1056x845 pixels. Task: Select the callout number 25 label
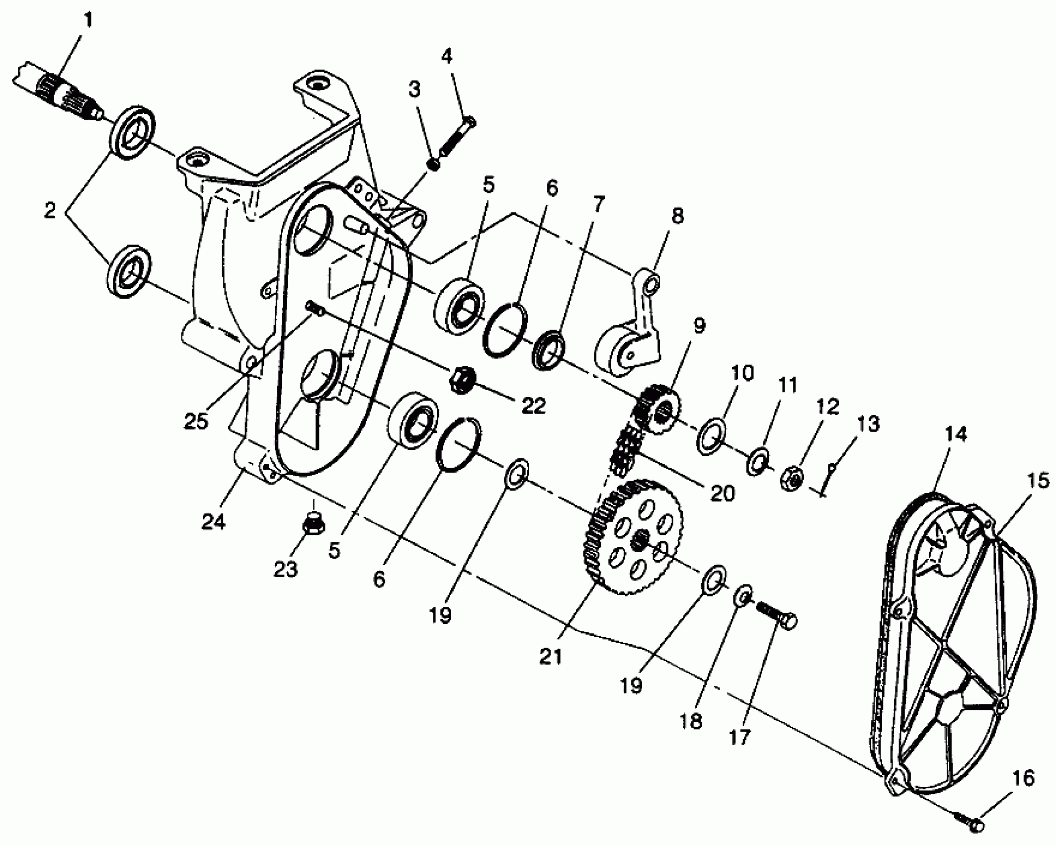(196, 421)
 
